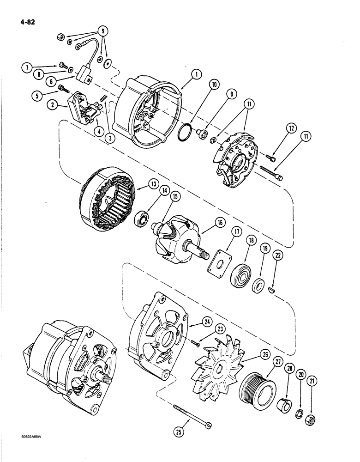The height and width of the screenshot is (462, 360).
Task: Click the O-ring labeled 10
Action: (185, 131)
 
